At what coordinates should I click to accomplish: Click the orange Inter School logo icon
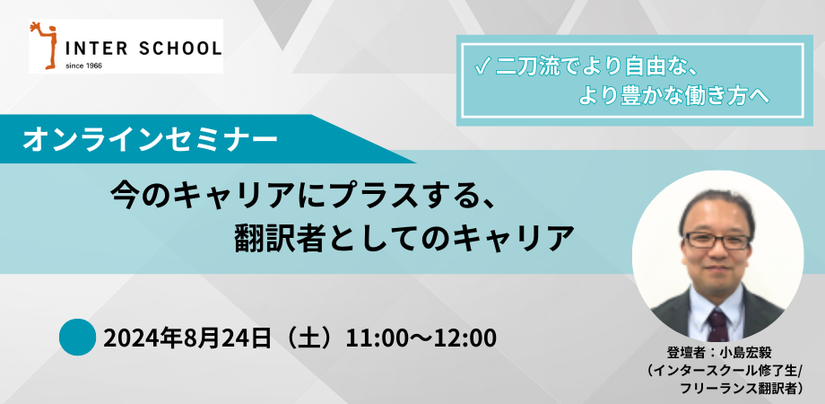41,46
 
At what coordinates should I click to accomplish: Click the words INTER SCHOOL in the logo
142,48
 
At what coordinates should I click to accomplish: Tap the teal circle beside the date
77,337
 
